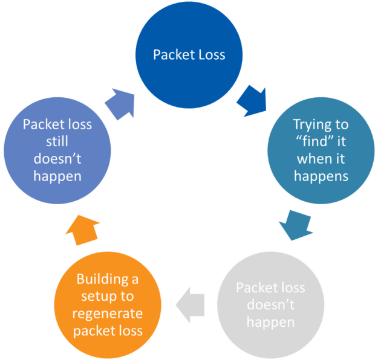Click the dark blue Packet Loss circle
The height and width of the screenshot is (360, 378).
[x=189, y=55]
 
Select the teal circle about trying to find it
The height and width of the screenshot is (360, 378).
[x=321, y=150]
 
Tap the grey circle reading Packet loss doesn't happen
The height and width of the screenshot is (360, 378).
[x=270, y=304]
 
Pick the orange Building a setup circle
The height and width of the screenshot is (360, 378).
[x=107, y=304]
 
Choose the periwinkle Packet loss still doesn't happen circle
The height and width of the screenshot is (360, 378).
[x=57, y=150]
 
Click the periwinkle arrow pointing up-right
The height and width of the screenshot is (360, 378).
[x=120, y=103]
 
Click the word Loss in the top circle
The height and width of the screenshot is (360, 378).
[x=210, y=55]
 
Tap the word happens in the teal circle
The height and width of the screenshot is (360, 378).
[x=321, y=176]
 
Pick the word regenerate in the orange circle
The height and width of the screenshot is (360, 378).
[x=107, y=313]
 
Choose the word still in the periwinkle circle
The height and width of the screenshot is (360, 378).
[x=57, y=142]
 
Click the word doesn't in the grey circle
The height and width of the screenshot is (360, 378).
[x=270, y=304]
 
